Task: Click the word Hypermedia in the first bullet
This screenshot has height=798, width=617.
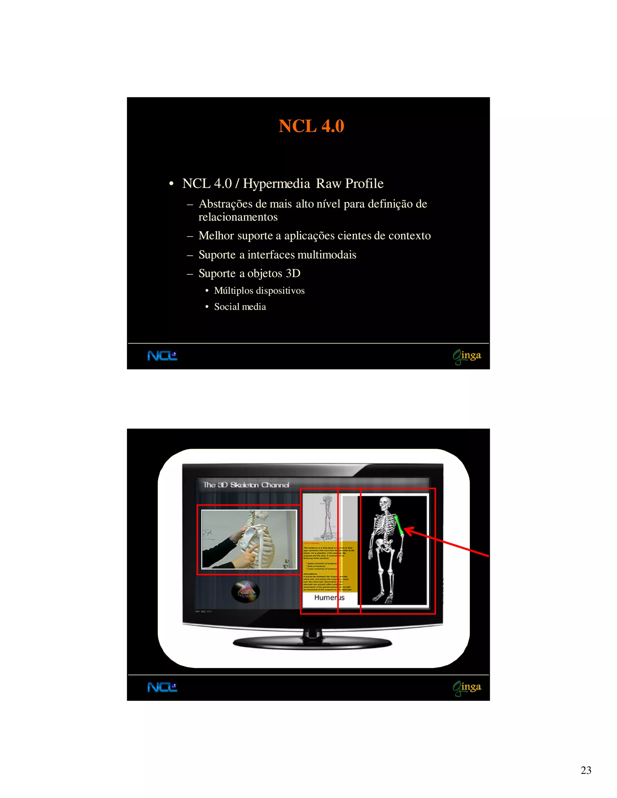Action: coord(276,183)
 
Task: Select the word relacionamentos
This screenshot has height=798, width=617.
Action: coord(238,217)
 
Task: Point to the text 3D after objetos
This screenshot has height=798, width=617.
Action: coord(293,273)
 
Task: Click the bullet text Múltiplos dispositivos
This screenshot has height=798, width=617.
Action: coord(259,291)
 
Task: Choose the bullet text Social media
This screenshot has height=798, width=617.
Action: coord(240,307)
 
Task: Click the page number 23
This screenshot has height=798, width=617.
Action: coord(586,770)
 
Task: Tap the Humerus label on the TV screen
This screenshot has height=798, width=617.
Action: coord(329,598)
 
